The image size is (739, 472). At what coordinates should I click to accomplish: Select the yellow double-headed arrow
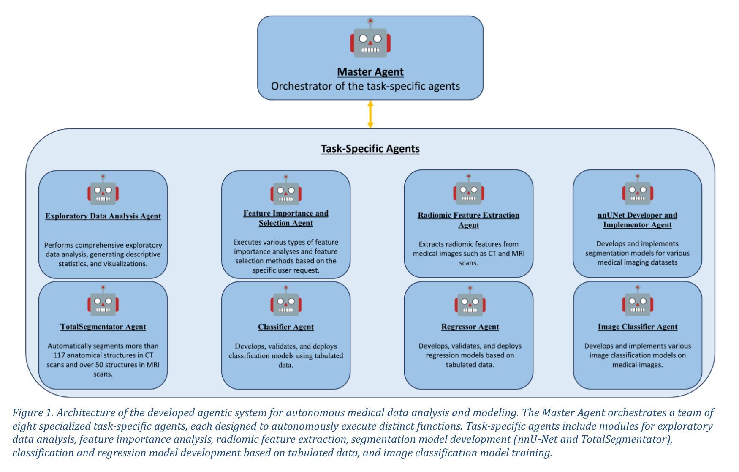pos(370,114)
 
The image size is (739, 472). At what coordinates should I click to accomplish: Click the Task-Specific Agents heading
pos(370,149)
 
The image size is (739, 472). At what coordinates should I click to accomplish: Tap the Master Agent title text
pos(370,72)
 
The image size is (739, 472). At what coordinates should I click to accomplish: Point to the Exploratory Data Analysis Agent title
pos(103,216)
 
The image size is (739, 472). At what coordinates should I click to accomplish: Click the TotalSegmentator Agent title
pos(103,327)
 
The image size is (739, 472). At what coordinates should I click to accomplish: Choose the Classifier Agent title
pos(286,327)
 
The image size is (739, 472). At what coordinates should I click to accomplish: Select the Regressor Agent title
pos(470,327)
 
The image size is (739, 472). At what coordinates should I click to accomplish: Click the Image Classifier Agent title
pos(638,327)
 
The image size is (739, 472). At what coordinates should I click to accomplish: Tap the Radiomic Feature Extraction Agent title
pos(469,220)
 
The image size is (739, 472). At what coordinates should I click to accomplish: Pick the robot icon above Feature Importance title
pos(286,190)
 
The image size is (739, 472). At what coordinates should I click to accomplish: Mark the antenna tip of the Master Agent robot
pos(370,20)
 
